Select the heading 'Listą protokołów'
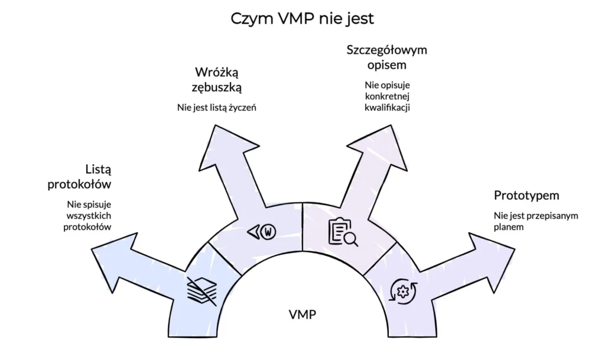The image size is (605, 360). [x=81, y=177]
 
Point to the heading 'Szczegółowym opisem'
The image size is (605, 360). [x=386, y=57]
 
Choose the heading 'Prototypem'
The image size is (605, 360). [x=526, y=196]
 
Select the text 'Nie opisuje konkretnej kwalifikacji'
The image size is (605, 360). [x=387, y=96]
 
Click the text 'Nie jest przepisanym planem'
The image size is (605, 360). [x=535, y=220]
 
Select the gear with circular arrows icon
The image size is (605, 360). [x=404, y=290]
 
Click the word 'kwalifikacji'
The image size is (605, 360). [x=387, y=108]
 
